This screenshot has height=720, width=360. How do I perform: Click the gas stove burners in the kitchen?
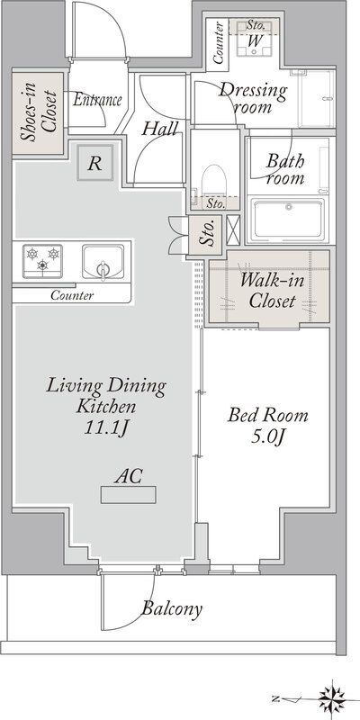tap(42, 261)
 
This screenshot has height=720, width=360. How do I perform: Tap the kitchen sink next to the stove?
tap(103, 262)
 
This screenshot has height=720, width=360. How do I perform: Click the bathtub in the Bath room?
tap(289, 219)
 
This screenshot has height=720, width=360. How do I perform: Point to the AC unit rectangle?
tap(128, 495)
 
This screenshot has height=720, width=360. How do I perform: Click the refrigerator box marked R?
tap(95, 163)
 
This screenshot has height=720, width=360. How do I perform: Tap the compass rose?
tap(332, 699)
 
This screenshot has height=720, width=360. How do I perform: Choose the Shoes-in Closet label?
tap(38, 113)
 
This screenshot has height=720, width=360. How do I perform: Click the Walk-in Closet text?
tap(273, 290)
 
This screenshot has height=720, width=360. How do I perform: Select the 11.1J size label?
tap(106, 428)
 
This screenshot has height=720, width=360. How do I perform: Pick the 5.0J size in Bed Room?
tap(268, 437)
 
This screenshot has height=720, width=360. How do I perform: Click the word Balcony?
tap(172, 609)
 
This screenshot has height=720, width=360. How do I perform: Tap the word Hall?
tap(159, 129)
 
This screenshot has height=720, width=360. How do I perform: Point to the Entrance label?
tap(97, 100)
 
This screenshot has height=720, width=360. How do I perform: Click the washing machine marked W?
tap(256, 39)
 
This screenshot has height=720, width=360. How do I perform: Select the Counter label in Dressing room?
tap(219, 42)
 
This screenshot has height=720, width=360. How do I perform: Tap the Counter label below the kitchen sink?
tap(72, 295)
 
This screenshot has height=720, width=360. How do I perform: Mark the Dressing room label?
tap(253, 98)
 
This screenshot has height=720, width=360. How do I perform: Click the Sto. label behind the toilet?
tap(215, 204)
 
